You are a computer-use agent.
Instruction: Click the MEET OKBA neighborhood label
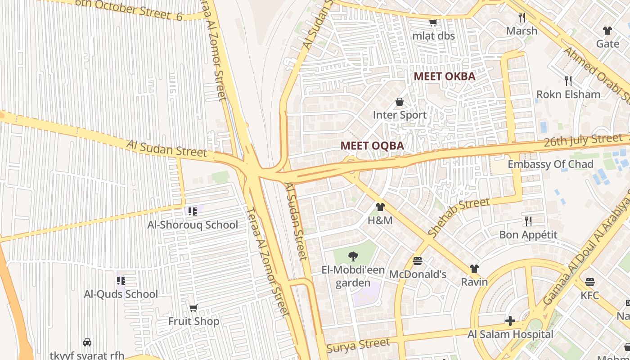pyautogui.click(x=444, y=76)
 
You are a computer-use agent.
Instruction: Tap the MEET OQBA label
pyautogui.click(x=372, y=146)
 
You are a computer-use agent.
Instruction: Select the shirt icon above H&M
pyautogui.click(x=380, y=207)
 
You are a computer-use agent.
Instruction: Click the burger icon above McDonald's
pyautogui.click(x=418, y=261)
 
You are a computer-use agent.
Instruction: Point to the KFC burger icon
pyautogui.click(x=590, y=282)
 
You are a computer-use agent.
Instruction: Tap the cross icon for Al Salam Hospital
pyautogui.click(x=510, y=321)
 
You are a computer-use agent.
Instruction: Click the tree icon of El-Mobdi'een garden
pyautogui.click(x=353, y=256)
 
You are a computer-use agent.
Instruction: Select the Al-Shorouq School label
pyautogui.click(x=193, y=225)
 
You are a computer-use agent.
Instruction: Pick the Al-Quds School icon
pyautogui.click(x=121, y=281)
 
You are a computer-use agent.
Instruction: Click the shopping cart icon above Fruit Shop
pyautogui.click(x=193, y=308)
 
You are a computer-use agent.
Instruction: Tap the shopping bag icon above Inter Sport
pyautogui.click(x=399, y=102)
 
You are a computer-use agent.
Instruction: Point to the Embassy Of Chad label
pyautogui.click(x=550, y=164)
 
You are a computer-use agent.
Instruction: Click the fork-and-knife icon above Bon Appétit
pyautogui.click(x=528, y=221)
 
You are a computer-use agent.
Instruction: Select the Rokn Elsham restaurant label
pyautogui.click(x=568, y=94)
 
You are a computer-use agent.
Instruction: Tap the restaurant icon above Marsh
pyautogui.click(x=522, y=18)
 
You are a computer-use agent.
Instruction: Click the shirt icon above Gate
pyautogui.click(x=607, y=31)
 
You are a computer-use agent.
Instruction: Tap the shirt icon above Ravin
pyautogui.click(x=474, y=269)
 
